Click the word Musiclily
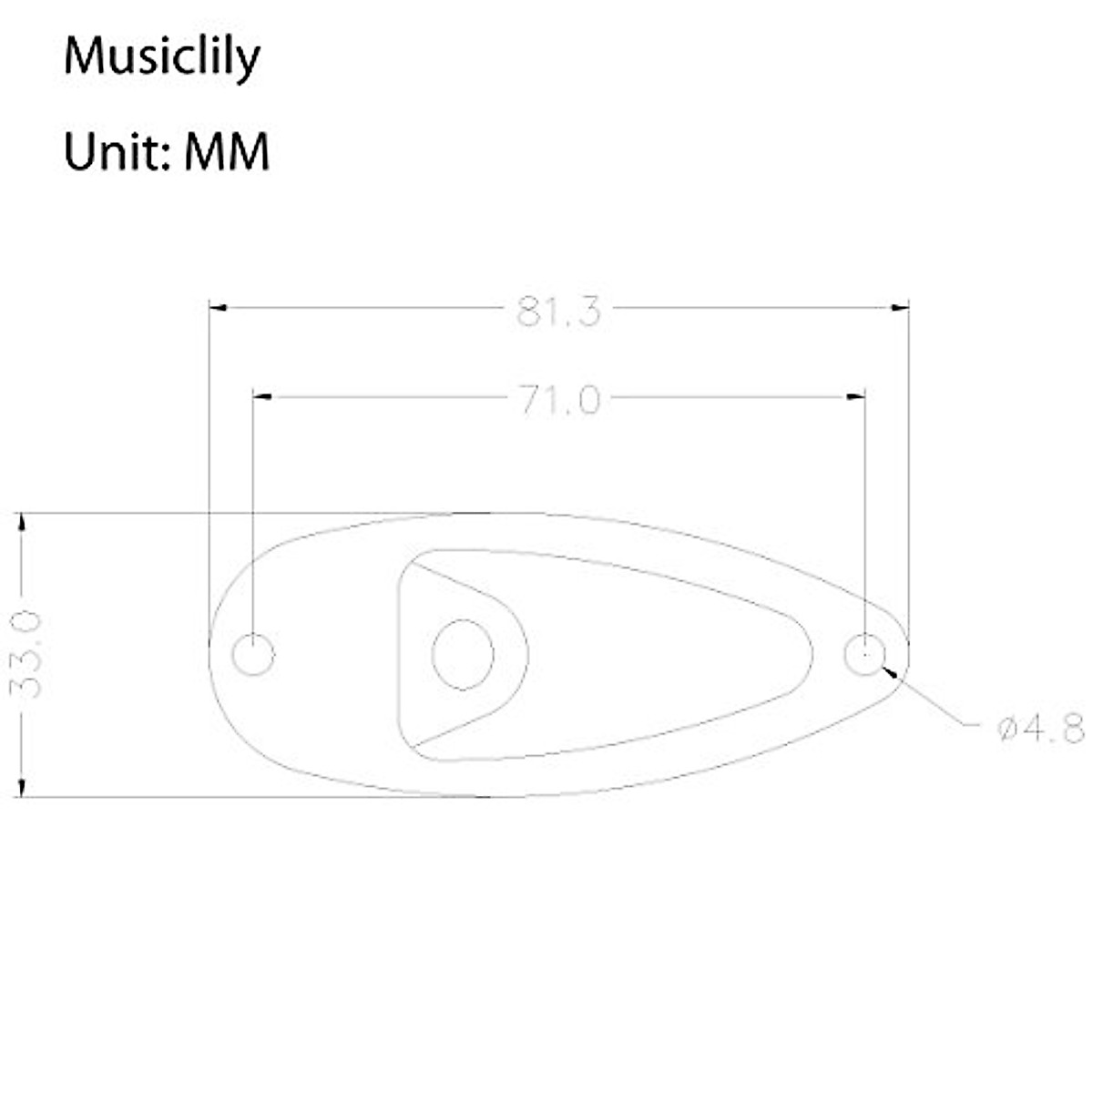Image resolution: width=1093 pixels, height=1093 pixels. point(161,58)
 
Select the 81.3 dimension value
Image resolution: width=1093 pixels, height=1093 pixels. point(558,312)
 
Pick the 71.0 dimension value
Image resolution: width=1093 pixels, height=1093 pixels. point(559,400)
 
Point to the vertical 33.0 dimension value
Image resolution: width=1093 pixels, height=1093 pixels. point(29,655)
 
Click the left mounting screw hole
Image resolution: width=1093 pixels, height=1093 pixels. point(252,654)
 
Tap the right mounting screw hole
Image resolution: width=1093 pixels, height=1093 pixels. point(863,653)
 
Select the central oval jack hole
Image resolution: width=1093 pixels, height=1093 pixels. point(463,654)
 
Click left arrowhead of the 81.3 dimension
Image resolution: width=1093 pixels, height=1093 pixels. point(218,308)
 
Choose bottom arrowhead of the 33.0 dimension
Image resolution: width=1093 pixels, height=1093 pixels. point(21,788)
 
